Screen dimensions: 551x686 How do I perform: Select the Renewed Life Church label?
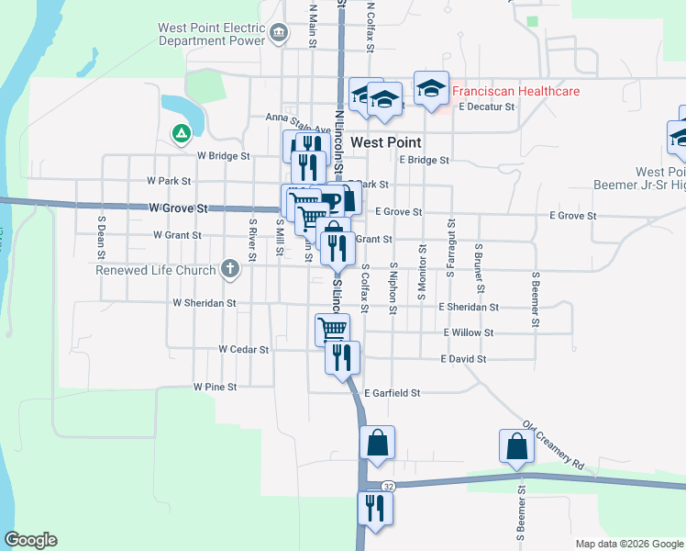pyautogui.click(x=156, y=270)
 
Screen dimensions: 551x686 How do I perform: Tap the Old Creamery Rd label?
pyautogui.click(x=553, y=445)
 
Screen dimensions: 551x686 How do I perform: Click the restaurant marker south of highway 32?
pyautogui.click(x=375, y=508)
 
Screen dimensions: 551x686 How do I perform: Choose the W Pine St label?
pyautogui.click(x=216, y=388)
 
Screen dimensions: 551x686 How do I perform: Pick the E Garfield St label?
pyautogui.click(x=392, y=393)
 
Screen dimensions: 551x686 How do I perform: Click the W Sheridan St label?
pyautogui.click(x=204, y=302)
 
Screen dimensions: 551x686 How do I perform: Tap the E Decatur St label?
pyautogui.click(x=487, y=107)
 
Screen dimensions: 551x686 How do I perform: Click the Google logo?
pyautogui.click(x=30, y=540)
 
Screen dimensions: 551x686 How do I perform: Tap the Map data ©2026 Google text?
pyautogui.click(x=629, y=544)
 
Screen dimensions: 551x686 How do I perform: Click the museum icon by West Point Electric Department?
pyautogui.click(x=281, y=34)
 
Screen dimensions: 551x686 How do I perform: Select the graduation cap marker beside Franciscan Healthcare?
pyautogui.click(x=432, y=89)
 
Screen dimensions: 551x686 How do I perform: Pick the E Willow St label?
pyautogui.click(x=468, y=332)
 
